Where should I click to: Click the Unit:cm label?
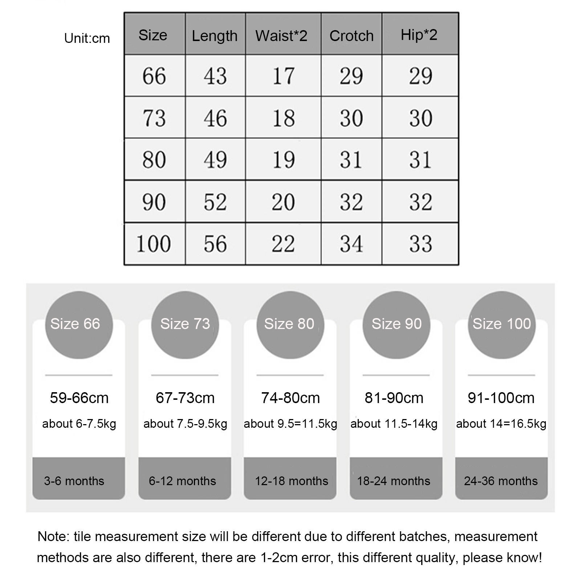(x=87, y=38)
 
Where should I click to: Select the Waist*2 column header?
(x=281, y=36)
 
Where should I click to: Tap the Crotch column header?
(x=351, y=36)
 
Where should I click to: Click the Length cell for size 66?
(x=215, y=76)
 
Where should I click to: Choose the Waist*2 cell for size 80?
(x=283, y=159)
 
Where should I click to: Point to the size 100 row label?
(x=154, y=244)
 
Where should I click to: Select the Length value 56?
(x=215, y=244)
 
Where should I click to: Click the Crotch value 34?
(x=351, y=244)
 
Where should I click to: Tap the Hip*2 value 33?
(x=420, y=244)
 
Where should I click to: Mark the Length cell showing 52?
(x=215, y=202)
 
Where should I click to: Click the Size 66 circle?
(x=79, y=325)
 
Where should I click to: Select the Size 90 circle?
(x=396, y=325)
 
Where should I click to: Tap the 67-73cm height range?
(x=185, y=398)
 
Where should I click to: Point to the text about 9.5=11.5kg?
(x=290, y=424)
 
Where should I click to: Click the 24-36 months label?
(x=501, y=481)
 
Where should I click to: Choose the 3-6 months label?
(x=74, y=481)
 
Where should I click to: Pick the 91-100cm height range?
(x=501, y=398)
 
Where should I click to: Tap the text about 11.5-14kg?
(x=394, y=424)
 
